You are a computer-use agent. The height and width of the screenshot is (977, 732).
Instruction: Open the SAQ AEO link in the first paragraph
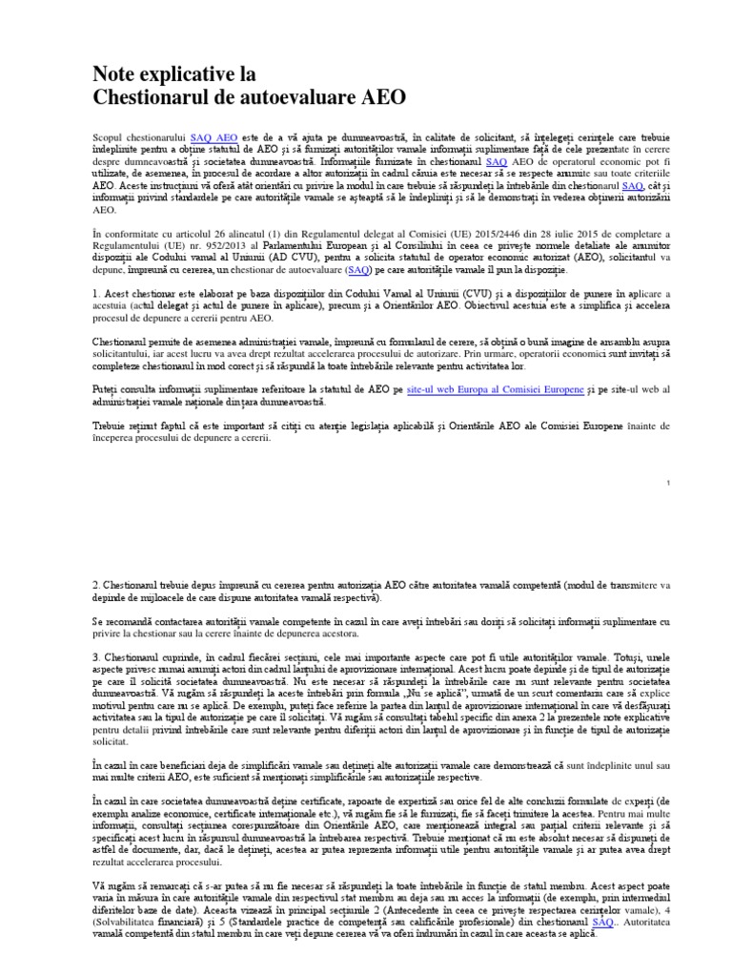click(214, 138)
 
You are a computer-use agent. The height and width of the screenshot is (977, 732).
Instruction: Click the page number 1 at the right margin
click(669, 484)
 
